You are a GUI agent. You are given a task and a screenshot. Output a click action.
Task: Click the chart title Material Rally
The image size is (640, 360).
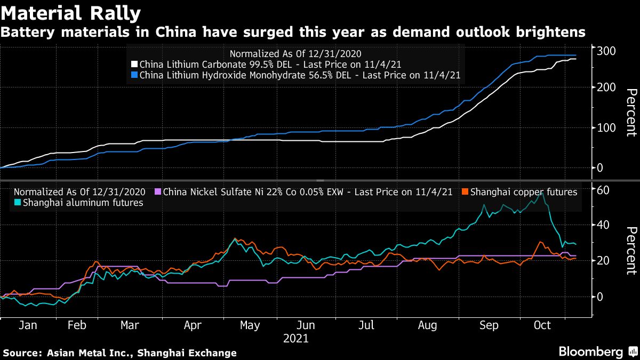pyautogui.click(x=71, y=13)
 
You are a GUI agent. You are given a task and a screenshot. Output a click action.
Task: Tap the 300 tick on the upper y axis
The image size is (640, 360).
pyautogui.click(x=607, y=51)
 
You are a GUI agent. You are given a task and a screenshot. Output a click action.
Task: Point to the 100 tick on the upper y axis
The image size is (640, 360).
pyautogui.click(x=607, y=128)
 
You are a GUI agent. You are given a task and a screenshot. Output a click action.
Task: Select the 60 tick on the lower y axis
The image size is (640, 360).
pyautogui.click(x=604, y=190)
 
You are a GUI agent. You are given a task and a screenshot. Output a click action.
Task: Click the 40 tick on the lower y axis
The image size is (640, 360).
pyautogui.click(x=604, y=225)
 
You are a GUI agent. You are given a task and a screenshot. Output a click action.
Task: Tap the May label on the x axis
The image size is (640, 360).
pyautogui.click(x=250, y=325)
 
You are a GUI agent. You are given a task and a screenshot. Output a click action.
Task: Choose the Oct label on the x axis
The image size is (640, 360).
pyautogui.click(x=542, y=325)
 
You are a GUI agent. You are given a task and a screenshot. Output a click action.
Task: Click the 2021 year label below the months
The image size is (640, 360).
pyautogui.click(x=296, y=338)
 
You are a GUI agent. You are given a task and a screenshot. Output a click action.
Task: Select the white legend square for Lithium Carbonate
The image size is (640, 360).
pyautogui.click(x=135, y=65)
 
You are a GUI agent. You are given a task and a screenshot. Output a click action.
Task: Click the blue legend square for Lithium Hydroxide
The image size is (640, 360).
pyautogui.click(x=135, y=76)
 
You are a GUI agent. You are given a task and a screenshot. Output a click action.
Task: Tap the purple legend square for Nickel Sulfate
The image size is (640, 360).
pyautogui.click(x=158, y=192)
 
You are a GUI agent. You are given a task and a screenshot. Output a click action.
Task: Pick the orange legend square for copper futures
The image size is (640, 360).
pyautogui.click(x=465, y=192)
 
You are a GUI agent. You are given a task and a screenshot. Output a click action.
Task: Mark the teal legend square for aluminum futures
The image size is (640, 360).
pyautogui.click(x=18, y=203)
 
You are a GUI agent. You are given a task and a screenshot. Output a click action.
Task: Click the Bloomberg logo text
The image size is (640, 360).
pyautogui.click(x=590, y=352)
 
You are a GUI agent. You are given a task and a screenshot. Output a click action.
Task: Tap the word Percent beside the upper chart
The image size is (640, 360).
pyautogui.click(x=631, y=113)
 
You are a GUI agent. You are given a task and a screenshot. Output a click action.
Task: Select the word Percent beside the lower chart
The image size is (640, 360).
pyautogui.click(x=631, y=251)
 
